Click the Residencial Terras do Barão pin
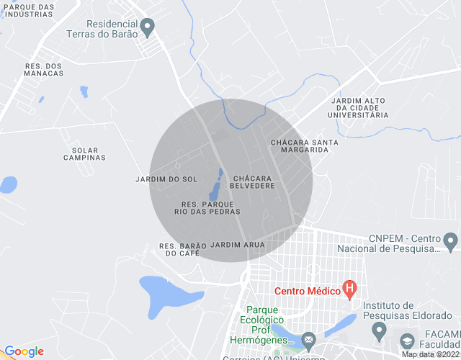(148, 27)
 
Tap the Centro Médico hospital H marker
(350, 290)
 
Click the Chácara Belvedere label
(252, 181)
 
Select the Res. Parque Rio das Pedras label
(207, 208)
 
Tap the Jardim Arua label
(238, 245)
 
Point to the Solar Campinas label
(84, 154)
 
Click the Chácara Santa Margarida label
(304, 146)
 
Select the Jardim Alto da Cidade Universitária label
(358, 107)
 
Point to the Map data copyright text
(430, 354)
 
